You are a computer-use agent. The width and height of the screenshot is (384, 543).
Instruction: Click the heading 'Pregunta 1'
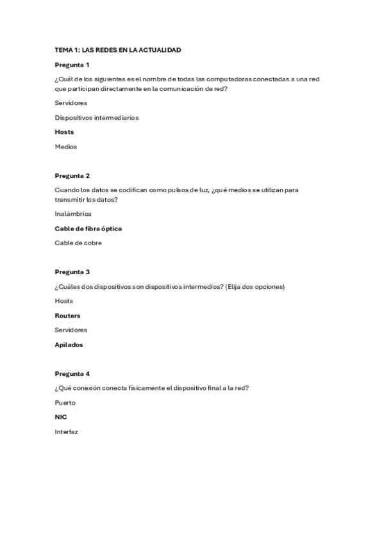pos(72,65)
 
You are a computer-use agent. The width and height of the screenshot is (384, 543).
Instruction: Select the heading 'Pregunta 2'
pos(72,175)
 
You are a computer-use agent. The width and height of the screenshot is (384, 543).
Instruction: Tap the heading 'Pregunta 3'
pos(72,271)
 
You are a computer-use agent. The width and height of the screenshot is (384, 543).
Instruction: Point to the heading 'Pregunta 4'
pos(72,373)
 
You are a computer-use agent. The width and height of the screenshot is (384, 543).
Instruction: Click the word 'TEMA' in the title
pos(63,49)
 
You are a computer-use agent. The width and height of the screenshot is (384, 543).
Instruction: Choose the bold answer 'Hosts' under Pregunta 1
pos(64,132)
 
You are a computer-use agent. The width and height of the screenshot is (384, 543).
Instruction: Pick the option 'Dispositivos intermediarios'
pos(96,118)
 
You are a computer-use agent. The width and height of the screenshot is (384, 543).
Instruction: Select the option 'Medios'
pos(65,147)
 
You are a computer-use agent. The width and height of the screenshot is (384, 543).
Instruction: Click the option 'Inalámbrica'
pos(73,214)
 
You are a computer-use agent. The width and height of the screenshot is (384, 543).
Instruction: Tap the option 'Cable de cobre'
pos(78,243)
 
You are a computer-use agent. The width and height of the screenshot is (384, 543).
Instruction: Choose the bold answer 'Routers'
pos(67,316)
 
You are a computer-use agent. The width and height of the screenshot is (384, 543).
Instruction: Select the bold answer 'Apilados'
pos(69,344)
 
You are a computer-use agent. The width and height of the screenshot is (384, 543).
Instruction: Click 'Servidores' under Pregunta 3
pos(71,330)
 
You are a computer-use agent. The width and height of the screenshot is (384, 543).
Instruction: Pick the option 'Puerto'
pos(65,403)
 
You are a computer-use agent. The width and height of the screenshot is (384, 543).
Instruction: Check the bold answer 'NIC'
pos(61,417)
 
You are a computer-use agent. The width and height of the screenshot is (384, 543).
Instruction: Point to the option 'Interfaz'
pos(66,432)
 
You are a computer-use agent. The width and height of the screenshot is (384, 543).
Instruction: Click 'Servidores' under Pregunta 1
pos(71,102)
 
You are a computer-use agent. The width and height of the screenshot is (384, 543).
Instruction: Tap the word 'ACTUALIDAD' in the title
pos(159,49)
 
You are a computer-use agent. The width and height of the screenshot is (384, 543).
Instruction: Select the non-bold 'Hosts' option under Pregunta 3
pos(64,301)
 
